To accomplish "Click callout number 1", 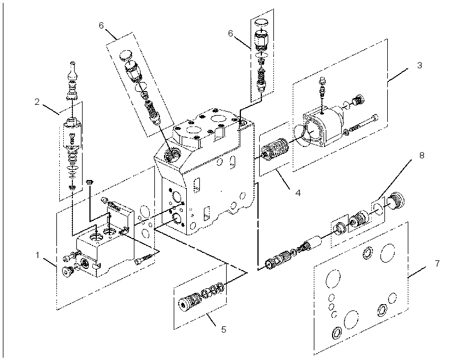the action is point(38,255).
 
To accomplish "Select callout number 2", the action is point(37,102).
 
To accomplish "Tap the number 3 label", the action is point(419,65).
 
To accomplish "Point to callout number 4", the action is point(298,193).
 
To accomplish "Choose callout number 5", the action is point(223,329).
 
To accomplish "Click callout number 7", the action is point(437,264).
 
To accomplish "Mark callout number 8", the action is point(422,155).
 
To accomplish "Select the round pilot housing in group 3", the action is point(323,126).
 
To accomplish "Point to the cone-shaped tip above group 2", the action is point(73,71).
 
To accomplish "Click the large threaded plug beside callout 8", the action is point(395,201).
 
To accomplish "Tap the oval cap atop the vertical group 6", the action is point(261,23).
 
